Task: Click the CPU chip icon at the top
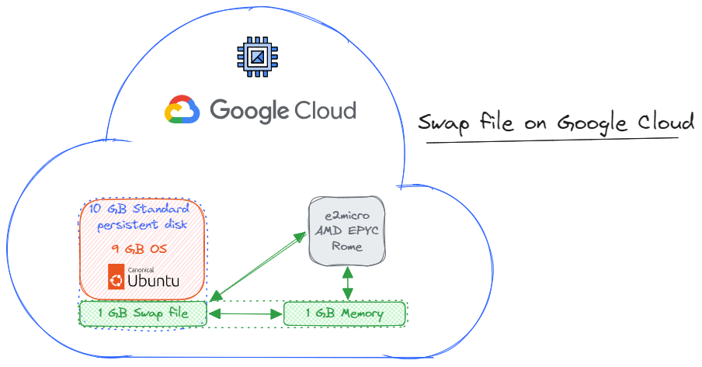[x=257, y=57]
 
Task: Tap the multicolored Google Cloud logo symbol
[x=182, y=110]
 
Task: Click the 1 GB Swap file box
[x=143, y=313]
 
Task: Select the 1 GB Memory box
[x=344, y=313]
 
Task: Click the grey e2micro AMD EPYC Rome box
[x=347, y=230]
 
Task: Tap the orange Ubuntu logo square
[x=116, y=277]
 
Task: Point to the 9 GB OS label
[x=140, y=249]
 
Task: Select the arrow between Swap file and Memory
[x=245, y=314]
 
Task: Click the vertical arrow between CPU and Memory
[x=348, y=283]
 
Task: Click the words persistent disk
[x=140, y=226]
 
